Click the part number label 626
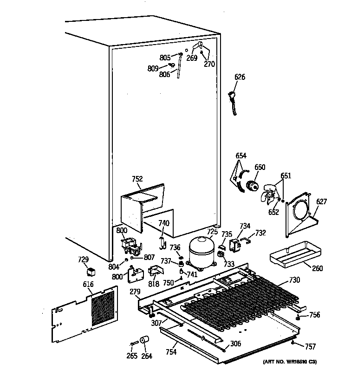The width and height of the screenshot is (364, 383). click(240, 77)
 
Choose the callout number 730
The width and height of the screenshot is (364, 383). click(294, 280)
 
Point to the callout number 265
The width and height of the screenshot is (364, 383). click(132, 356)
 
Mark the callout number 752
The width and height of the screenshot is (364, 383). click(137, 179)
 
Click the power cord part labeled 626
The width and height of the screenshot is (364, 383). click(234, 103)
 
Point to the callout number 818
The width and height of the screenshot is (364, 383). click(154, 284)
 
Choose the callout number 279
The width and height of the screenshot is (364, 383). click(135, 292)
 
